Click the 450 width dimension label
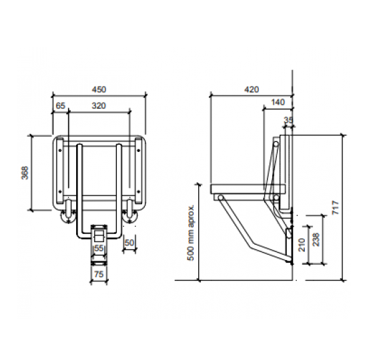pyautogui.click(x=99, y=89)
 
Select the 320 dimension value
pyautogui.click(x=99, y=106)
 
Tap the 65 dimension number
pyautogui.click(x=61, y=106)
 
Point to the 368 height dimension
pyautogui.click(x=25, y=173)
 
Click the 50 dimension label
pyautogui.click(x=129, y=243)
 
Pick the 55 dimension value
pyautogui.click(x=99, y=248)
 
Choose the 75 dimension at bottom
pyautogui.click(x=99, y=274)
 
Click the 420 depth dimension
pyautogui.click(x=252, y=89)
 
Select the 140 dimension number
pyautogui.click(x=278, y=102)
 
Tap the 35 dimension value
pyautogui.click(x=289, y=120)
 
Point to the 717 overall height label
pyautogui.click(x=336, y=207)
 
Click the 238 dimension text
pyautogui.click(x=316, y=239)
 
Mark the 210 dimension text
pyautogui.click(x=302, y=245)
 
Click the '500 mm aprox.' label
pyautogui.click(x=191, y=233)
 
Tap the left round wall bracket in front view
pyautogui.click(x=68, y=216)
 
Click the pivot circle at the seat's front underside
pyautogui.click(x=220, y=198)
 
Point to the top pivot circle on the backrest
pyautogui.click(x=276, y=145)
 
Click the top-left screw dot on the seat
pyautogui.click(x=60, y=151)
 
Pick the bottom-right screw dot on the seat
pyautogui.click(x=139, y=192)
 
